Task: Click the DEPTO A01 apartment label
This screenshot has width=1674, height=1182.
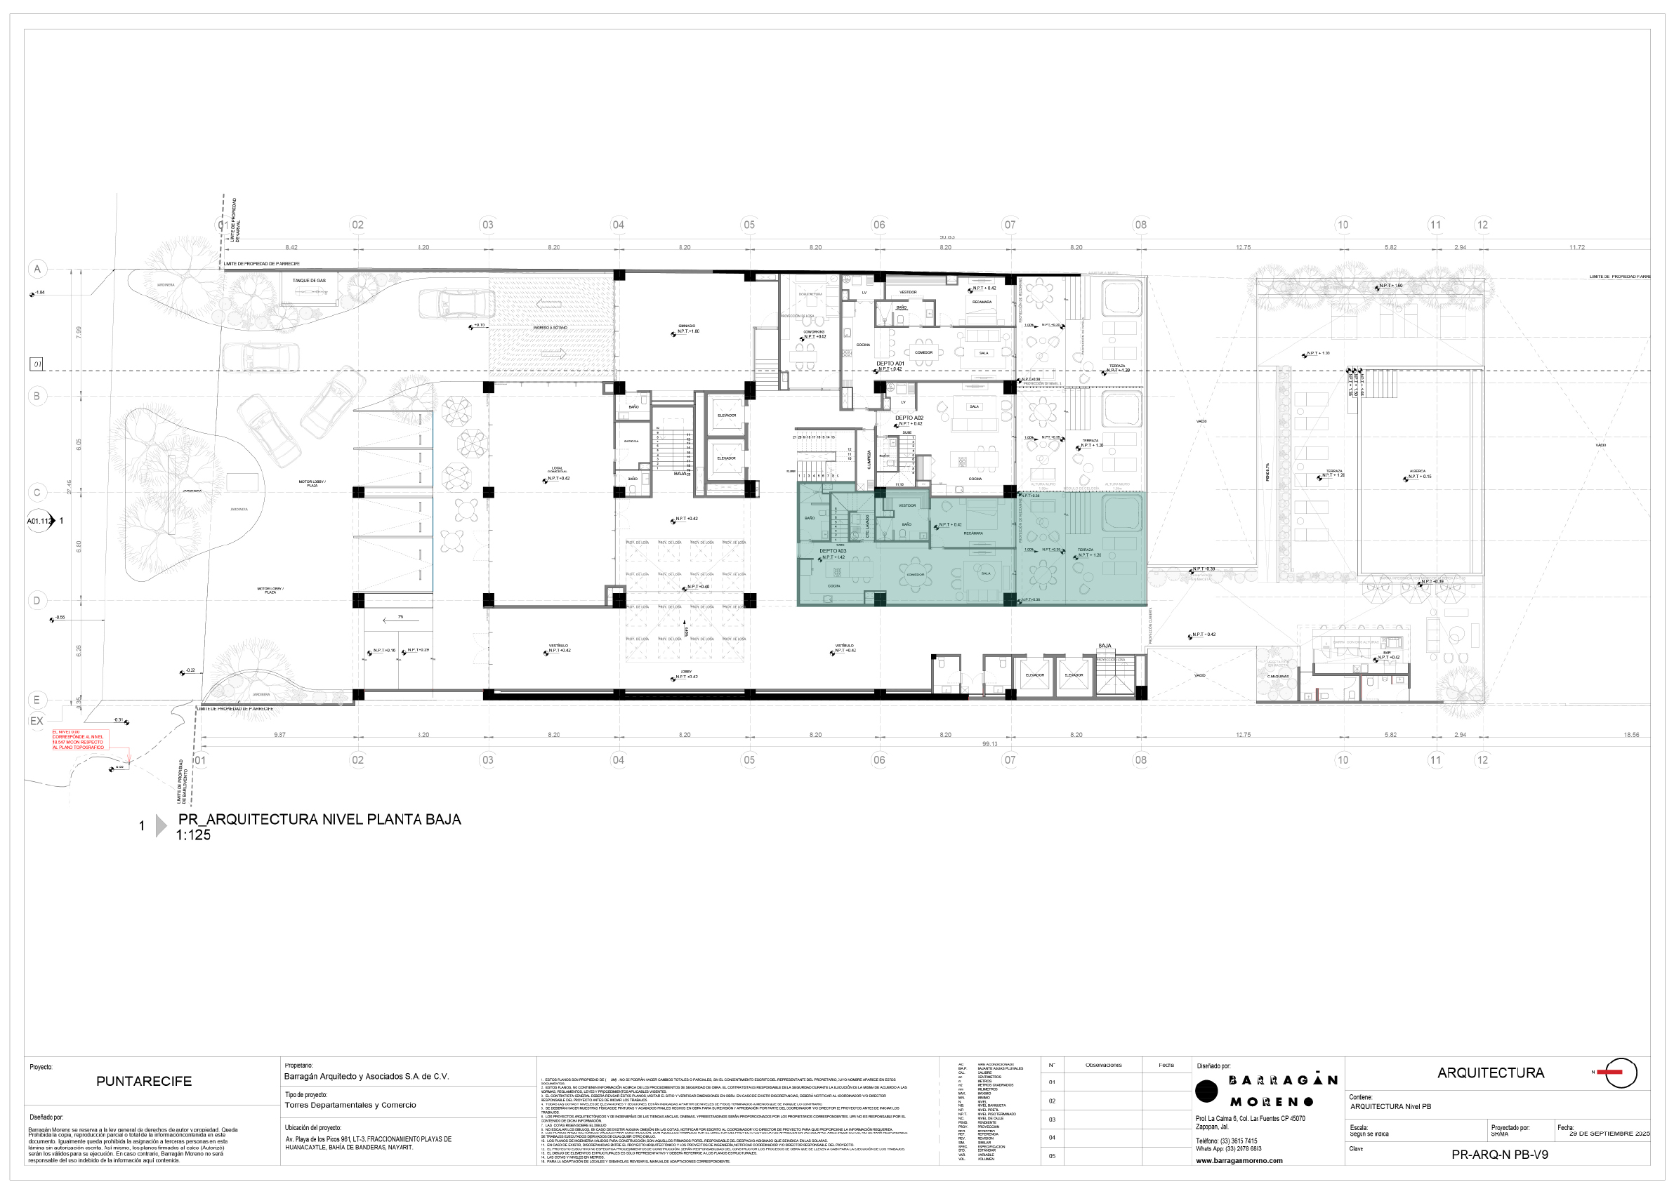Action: pos(890,364)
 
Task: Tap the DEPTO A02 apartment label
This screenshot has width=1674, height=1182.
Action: pos(909,418)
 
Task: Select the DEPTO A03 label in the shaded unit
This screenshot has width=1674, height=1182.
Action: pos(833,551)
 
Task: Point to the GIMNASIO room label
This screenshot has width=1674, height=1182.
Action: pos(686,326)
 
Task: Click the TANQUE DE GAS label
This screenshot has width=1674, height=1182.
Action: pos(309,281)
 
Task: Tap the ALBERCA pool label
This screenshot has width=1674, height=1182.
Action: pos(1418,472)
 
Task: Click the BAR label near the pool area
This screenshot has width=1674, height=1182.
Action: pos(1387,653)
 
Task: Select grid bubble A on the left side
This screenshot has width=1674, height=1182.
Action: pos(37,269)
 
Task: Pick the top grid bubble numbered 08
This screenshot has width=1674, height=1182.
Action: pos(1140,225)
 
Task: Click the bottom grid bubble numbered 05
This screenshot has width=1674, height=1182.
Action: pos(749,760)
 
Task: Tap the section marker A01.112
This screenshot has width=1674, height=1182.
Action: pos(39,521)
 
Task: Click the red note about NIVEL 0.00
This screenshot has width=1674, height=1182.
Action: pos(78,740)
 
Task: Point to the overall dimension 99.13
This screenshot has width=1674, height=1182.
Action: pos(989,744)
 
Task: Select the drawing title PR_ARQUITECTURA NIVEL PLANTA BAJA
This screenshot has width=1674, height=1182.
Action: pos(319,819)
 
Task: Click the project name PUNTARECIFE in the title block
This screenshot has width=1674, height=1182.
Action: pos(144,1082)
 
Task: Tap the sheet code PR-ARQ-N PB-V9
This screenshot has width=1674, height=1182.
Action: pos(1499,1155)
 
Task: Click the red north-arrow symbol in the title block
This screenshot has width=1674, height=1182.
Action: pos(1620,1072)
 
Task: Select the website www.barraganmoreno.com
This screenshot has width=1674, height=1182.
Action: pos(1239,1161)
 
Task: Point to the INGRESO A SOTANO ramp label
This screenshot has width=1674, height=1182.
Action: pos(550,328)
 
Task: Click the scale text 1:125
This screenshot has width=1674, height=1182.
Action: pos(193,836)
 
